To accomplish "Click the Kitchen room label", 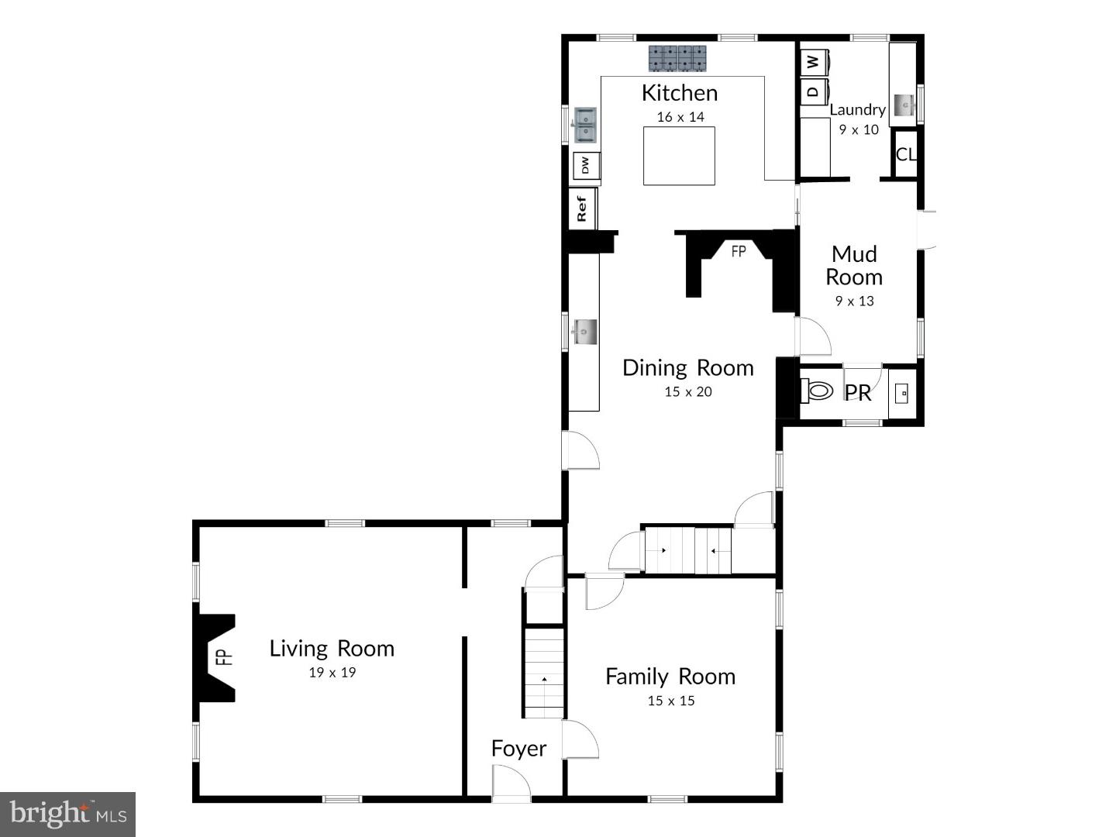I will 680,93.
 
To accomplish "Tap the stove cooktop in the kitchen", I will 677,58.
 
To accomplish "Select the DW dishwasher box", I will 586,165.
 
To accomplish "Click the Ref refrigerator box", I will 582,208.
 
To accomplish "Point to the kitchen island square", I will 679,156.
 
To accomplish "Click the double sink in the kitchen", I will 585,126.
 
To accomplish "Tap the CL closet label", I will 905,154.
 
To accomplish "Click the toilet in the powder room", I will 817,391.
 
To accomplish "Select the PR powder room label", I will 858,393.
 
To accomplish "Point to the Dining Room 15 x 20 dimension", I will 687,392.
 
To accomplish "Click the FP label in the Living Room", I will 223,657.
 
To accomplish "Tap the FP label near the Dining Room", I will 739,251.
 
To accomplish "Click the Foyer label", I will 518,749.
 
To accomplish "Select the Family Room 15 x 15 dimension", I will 671,701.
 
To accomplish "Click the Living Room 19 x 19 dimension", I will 332,673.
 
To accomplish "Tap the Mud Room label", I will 854,265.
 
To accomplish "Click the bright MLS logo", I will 68,814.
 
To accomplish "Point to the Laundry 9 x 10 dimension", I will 859,129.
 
